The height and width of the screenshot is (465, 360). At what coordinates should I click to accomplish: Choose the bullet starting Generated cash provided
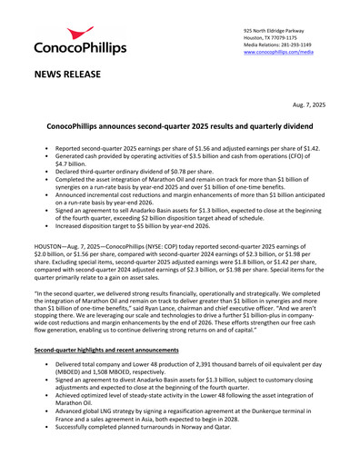[182, 159]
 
